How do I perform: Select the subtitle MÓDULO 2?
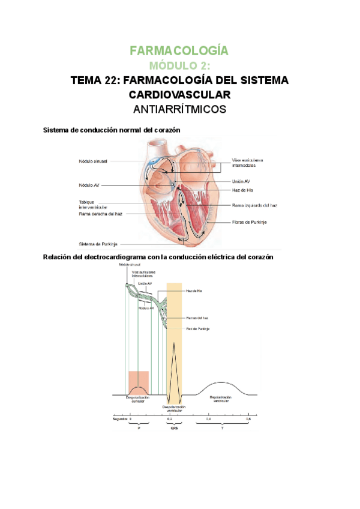(x=179, y=65)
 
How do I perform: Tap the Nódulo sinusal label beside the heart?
(x=93, y=161)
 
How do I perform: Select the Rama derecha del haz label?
(x=100, y=214)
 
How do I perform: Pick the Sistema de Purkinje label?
(x=98, y=244)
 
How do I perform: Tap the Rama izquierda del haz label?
(x=254, y=205)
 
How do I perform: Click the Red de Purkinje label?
(x=198, y=328)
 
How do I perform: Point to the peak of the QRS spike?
(x=173, y=343)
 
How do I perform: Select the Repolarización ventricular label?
(x=220, y=399)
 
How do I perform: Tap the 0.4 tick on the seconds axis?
(x=208, y=418)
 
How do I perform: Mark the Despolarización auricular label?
(x=137, y=399)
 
